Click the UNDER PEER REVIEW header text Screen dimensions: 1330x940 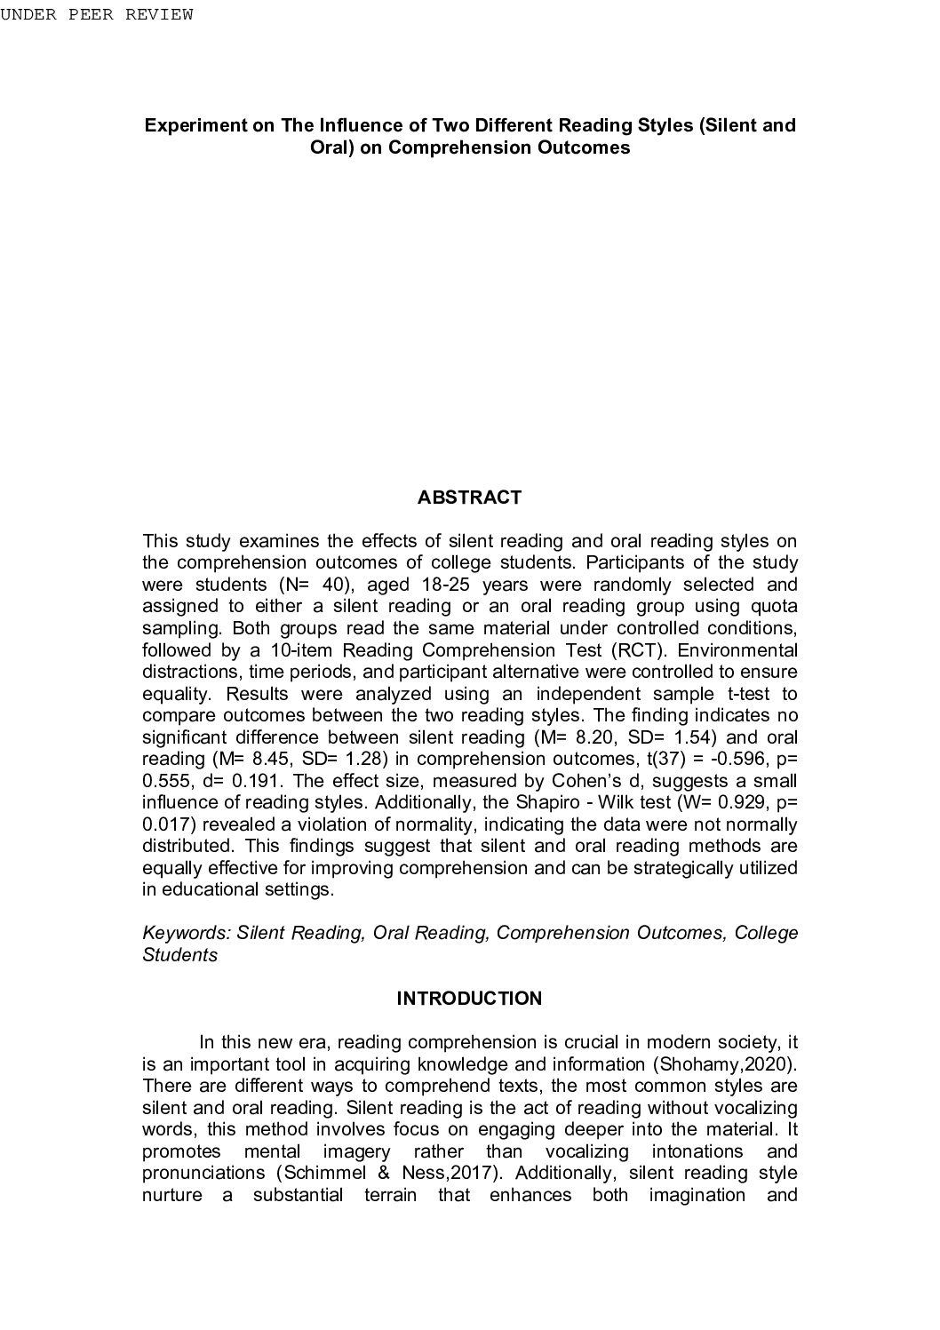(x=97, y=15)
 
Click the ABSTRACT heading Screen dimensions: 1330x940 (x=469, y=498)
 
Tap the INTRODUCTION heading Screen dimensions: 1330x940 (x=469, y=999)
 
